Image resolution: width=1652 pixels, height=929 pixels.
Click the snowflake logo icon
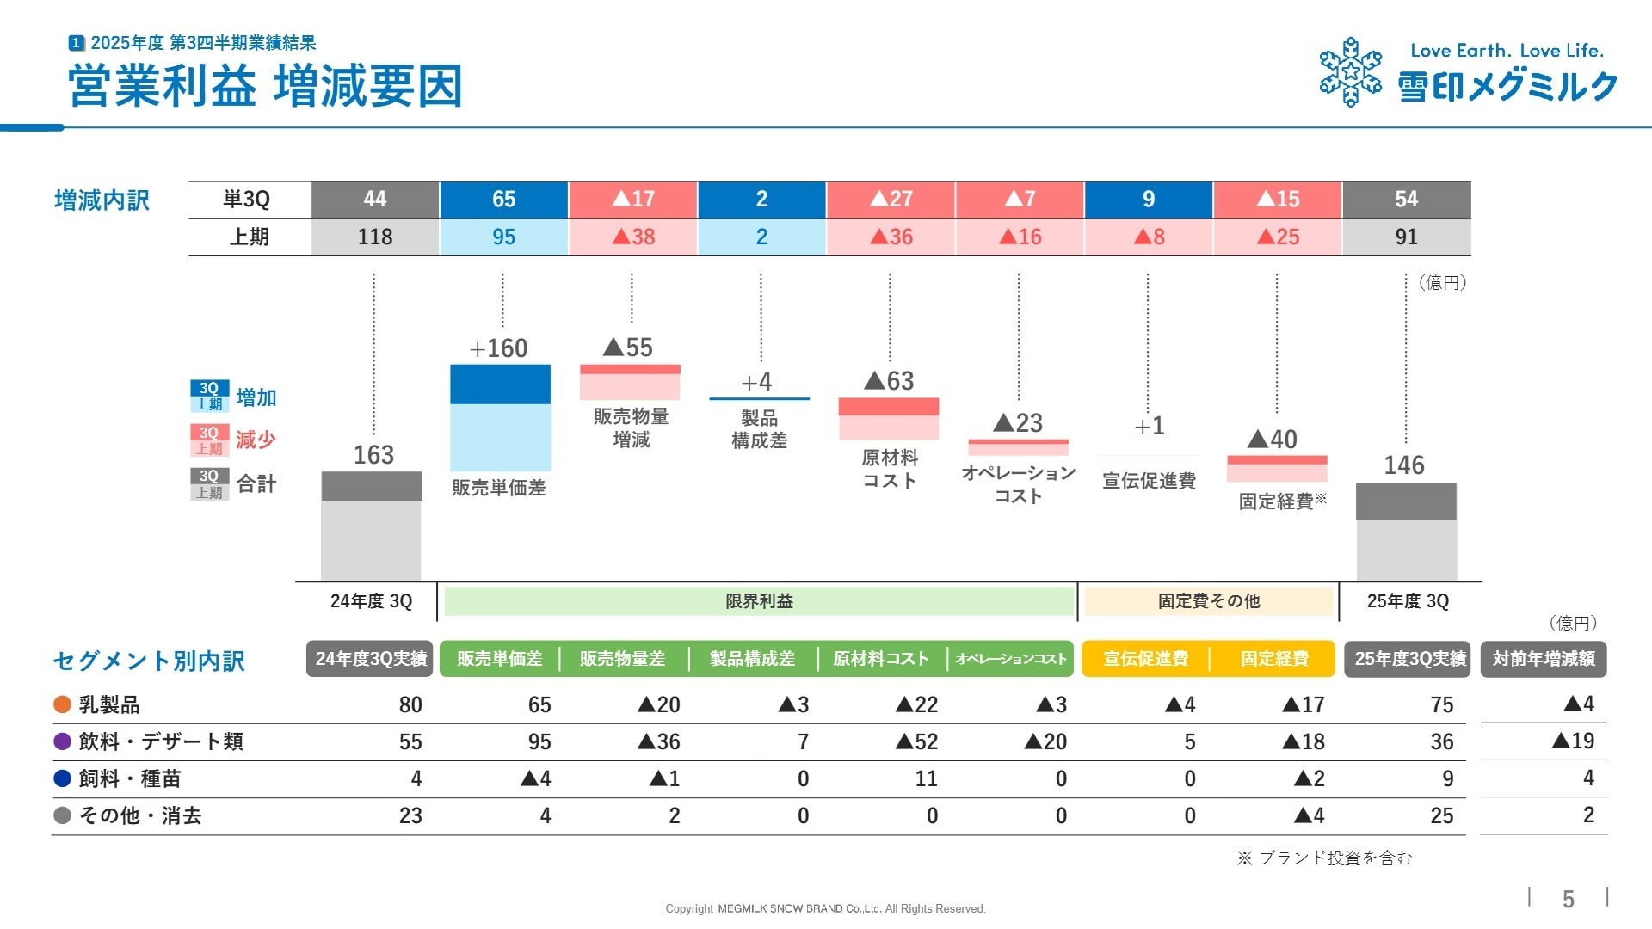[x=1350, y=72]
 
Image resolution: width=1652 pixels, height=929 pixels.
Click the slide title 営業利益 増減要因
[x=265, y=86]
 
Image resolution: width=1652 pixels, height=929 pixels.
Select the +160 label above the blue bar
[x=499, y=348]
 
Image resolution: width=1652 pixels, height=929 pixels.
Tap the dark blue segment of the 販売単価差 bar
[x=500, y=385]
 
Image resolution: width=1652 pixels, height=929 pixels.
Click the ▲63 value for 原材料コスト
[x=889, y=381]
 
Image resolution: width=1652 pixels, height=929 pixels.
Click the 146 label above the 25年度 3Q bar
[x=1404, y=465]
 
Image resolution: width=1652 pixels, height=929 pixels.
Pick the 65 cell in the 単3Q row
[x=503, y=200]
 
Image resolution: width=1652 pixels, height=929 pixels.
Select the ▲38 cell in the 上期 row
[x=632, y=237]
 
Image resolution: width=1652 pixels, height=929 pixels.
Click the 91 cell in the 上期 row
[x=1406, y=237]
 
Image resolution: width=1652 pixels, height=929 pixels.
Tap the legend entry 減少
[x=256, y=440]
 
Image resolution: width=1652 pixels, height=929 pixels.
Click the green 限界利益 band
[x=759, y=601]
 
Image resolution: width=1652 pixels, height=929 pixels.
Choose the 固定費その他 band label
[x=1208, y=601]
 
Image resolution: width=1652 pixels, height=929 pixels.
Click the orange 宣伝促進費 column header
[x=1145, y=659]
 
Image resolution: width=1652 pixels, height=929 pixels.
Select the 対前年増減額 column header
[x=1544, y=659]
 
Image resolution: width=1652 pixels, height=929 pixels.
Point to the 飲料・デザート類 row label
[x=161, y=741]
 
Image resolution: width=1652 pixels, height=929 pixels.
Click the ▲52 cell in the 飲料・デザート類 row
[x=916, y=741]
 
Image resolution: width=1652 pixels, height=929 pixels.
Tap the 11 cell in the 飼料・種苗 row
[x=926, y=778]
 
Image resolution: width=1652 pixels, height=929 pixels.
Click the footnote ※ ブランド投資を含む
[x=1324, y=858]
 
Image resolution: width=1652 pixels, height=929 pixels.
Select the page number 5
[x=1568, y=899]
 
